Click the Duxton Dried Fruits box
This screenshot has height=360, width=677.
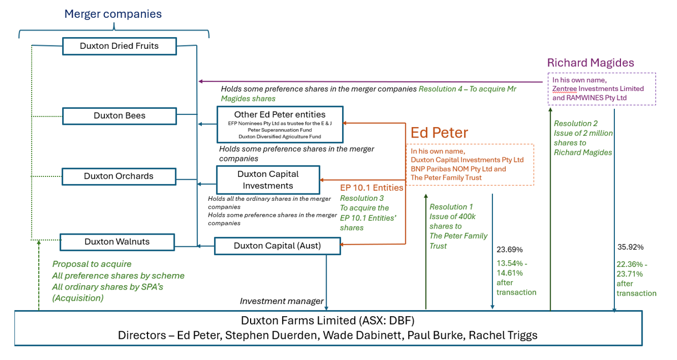[119, 46]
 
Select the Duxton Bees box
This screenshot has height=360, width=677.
[119, 116]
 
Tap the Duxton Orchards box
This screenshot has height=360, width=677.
[119, 176]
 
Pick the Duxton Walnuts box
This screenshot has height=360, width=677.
[117, 242]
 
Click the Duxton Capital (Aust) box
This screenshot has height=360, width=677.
[277, 246]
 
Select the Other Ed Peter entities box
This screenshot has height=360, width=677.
[279, 124]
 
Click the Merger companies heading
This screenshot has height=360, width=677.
[113, 14]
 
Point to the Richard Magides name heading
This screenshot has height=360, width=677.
[591, 63]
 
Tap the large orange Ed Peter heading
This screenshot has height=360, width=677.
[439, 133]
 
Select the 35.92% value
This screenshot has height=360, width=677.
[630, 247]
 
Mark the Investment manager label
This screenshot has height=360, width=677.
[282, 301]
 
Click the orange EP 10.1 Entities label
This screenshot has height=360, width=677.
[371, 187]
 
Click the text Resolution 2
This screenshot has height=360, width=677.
[576, 124]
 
